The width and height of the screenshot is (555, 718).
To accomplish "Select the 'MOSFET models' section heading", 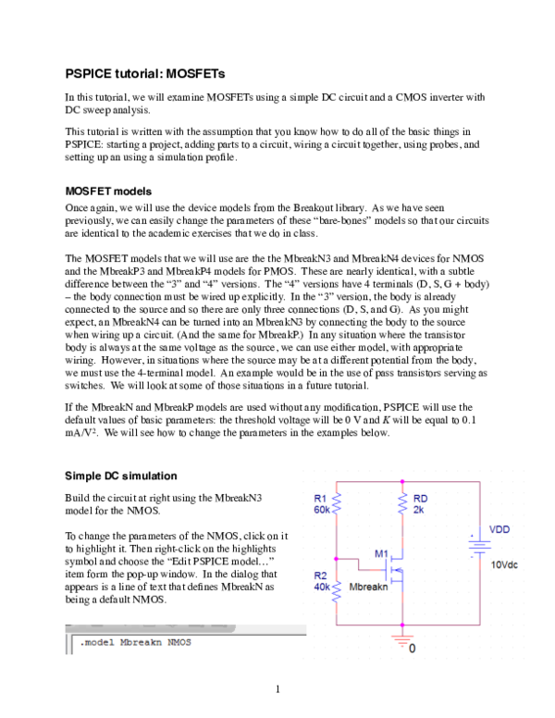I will click(107, 191).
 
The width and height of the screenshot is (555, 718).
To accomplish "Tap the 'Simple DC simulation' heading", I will click(120, 476).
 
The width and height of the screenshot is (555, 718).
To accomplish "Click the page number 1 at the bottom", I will click(277, 688).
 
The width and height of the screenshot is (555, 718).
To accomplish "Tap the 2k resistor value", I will click(418, 510).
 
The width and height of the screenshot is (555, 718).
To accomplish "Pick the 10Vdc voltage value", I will click(506, 563).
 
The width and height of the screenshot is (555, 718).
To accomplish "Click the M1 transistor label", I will click(381, 552).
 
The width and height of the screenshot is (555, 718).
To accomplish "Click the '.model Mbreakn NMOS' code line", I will click(135, 642).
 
